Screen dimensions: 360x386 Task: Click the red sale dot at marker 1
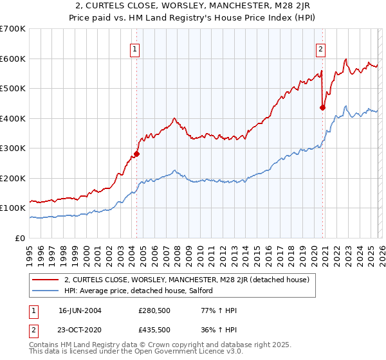coord(136,154)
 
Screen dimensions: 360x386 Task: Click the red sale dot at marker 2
coord(322,108)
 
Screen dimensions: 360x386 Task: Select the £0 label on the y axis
coord(21,238)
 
